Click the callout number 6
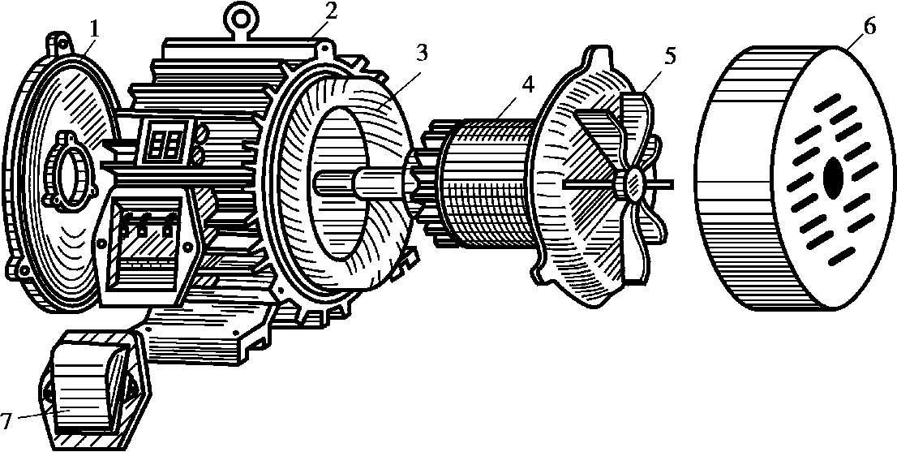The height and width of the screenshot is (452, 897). point(869,27)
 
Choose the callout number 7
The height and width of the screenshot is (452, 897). point(6,421)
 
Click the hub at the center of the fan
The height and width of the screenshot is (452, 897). point(632,183)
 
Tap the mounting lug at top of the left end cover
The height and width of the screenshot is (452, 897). point(58,41)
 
